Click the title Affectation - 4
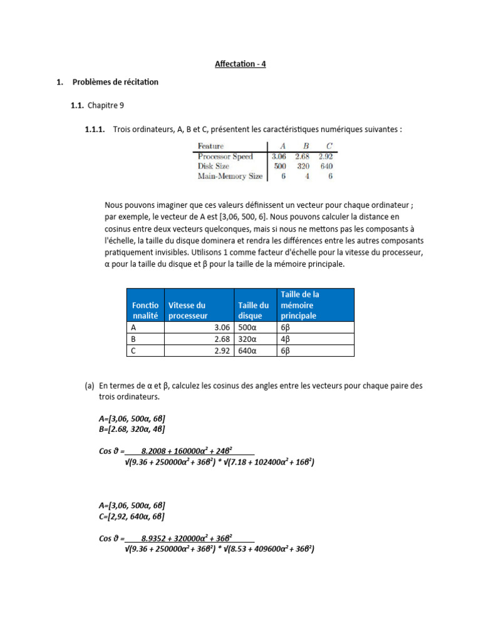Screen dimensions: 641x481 point(240,64)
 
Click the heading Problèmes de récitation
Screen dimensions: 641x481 point(115,82)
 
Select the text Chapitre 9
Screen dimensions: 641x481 point(106,106)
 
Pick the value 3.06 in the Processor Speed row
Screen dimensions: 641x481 point(279,156)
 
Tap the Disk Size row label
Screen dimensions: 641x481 point(214,167)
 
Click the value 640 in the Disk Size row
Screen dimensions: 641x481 point(326,167)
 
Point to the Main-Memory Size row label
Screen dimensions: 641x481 point(230,177)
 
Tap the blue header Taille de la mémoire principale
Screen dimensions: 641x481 point(301,305)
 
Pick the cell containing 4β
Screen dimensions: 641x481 point(286,339)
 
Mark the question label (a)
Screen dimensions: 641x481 point(90,386)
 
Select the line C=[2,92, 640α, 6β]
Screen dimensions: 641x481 point(132,516)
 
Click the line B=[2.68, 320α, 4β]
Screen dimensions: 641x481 point(132,429)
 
